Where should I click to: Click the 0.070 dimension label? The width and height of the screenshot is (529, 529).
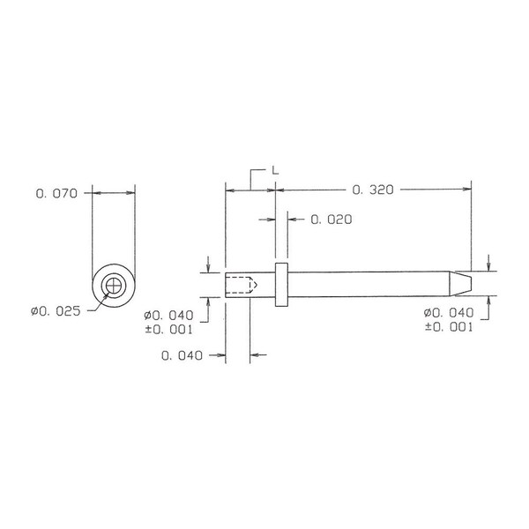coord(56,194)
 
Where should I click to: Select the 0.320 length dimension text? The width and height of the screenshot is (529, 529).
coord(373,190)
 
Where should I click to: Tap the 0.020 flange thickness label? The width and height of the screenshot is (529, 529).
coord(332,220)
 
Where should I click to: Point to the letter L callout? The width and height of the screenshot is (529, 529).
coord(275,170)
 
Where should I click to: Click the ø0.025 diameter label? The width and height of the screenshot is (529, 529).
coord(56,311)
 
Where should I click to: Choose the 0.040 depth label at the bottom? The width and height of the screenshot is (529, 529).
coord(182,355)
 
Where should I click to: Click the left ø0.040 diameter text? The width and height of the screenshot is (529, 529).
coord(168,316)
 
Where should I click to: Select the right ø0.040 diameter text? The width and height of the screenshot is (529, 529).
coord(449,313)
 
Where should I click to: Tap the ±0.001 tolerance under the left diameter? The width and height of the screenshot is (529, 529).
coord(168,329)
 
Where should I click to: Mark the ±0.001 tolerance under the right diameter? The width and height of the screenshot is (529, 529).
coord(449,326)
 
